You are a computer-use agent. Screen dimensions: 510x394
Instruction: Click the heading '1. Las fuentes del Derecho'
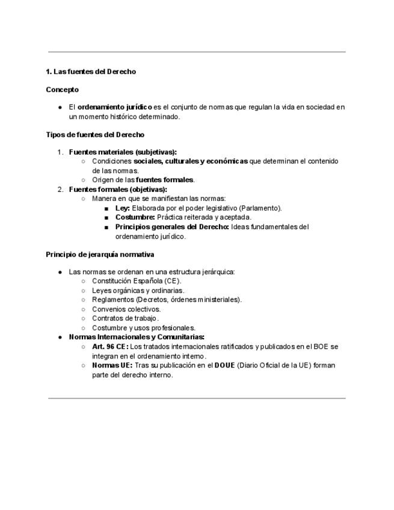[x=91, y=72]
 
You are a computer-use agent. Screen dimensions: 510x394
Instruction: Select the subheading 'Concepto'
[x=62, y=90]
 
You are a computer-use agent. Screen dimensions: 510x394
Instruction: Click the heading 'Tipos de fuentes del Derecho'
[x=95, y=135]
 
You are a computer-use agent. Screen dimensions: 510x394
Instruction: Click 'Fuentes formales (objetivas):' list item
[x=118, y=189]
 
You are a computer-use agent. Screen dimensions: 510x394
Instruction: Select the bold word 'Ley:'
[x=123, y=208]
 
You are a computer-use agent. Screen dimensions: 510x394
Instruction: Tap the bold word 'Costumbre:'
[x=135, y=217]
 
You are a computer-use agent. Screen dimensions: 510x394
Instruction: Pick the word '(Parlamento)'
[x=260, y=208]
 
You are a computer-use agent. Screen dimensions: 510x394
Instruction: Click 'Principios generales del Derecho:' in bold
[x=172, y=227]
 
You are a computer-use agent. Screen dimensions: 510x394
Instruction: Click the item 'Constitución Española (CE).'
[x=137, y=281]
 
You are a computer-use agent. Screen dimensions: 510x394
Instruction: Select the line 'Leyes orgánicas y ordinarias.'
[x=138, y=290]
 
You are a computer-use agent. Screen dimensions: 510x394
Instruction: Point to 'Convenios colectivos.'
[x=126, y=309]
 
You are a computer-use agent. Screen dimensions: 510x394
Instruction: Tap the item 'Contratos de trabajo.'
[x=126, y=318]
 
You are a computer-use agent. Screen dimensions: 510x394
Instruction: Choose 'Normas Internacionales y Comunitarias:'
[x=137, y=337]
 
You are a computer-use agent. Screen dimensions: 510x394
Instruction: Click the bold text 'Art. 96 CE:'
[x=110, y=347]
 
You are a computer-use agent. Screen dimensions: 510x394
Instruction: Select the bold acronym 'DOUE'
[x=226, y=365]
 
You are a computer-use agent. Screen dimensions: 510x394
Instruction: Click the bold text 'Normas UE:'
[x=112, y=365]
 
